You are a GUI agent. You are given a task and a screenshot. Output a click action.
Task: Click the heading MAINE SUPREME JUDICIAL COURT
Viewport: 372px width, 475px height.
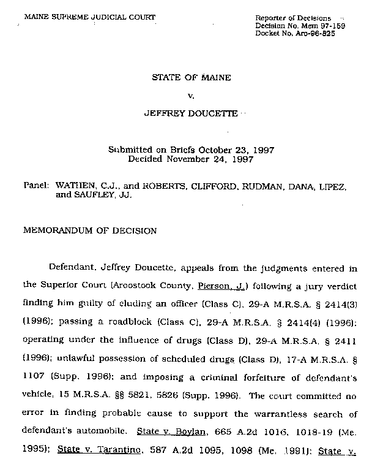point(89,17)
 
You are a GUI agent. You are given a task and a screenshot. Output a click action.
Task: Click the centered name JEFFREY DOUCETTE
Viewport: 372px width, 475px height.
point(190,114)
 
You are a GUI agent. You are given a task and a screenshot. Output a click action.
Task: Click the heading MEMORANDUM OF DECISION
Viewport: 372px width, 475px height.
point(90,231)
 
